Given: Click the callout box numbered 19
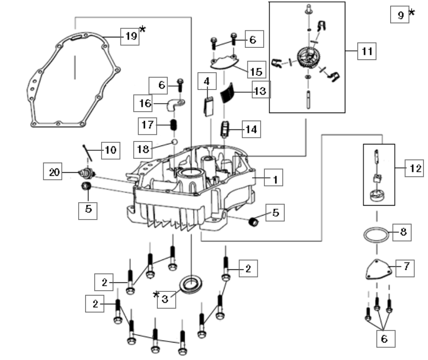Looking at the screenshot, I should [131, 36].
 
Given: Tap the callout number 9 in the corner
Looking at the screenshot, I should [401, 15].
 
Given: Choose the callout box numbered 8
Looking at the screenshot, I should [402, 231].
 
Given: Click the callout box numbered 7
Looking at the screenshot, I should [406, 267].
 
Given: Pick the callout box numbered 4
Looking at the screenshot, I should [207, 81].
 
